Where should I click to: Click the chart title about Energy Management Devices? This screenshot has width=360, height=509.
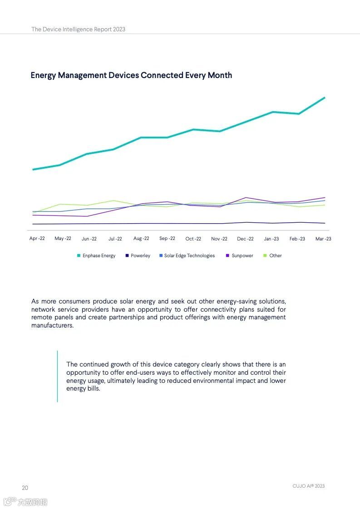click(131, 75)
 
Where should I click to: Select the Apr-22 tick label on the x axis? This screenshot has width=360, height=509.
click(37, 239)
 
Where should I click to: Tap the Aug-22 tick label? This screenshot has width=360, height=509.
click(141, 239)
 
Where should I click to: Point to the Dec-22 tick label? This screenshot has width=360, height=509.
click(245, 239)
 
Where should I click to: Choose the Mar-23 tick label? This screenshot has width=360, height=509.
click(323, 239)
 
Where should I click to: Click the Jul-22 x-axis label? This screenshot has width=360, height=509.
click(115, 239)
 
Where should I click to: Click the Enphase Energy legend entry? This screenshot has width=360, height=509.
click(99, 256)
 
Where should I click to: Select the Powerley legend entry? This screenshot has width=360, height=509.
click(140, 256)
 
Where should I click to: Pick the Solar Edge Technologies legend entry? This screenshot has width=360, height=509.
click(189, 256)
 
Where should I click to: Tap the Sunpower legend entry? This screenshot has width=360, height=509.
click(242, 256)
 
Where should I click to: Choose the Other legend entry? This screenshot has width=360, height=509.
click(275, 256)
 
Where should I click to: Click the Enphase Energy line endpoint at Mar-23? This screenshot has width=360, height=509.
click(325, 98)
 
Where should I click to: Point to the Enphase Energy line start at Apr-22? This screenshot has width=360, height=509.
click(33, 170)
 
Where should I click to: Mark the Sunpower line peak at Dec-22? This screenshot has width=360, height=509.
click(246, 198)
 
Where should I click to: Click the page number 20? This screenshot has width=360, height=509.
click(25, 488)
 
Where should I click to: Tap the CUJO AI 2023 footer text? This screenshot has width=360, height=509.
click(308, 486)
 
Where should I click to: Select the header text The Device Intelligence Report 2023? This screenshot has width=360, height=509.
click(78, 29)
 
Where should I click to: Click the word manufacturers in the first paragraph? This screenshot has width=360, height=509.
click(52, 325)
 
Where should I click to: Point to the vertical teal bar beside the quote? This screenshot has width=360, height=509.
click(57, 376)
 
